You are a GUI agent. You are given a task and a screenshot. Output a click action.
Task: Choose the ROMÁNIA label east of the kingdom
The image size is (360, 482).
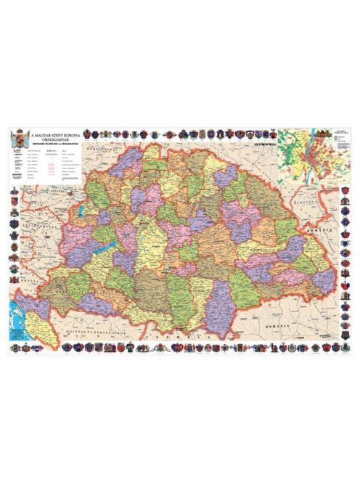[x=330, y=227]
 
